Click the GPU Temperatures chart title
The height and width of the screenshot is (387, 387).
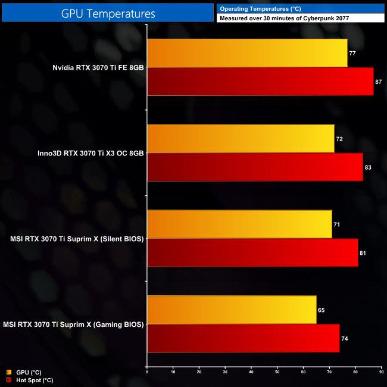pos(108,13)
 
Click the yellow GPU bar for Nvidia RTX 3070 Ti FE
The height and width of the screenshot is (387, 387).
pos(247,53)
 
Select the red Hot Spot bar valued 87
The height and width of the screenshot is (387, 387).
pos(260,82)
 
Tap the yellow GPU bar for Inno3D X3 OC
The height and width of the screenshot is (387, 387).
pos(241,139)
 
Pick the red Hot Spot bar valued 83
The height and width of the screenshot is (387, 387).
pos(255,167)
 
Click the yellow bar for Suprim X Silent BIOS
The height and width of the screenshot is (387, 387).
pos(239,224)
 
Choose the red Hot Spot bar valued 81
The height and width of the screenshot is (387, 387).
pos(252,252)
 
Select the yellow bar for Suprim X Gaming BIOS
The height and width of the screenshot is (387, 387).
pos(232,310)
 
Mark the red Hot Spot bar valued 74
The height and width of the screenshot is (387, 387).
pos(243,338)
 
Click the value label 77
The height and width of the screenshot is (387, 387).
pos(352,54)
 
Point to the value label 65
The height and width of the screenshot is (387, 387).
pos(322,310)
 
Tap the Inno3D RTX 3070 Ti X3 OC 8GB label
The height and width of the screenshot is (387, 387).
pos(90,153)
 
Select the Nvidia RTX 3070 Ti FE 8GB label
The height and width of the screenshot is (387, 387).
pos(98,67)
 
